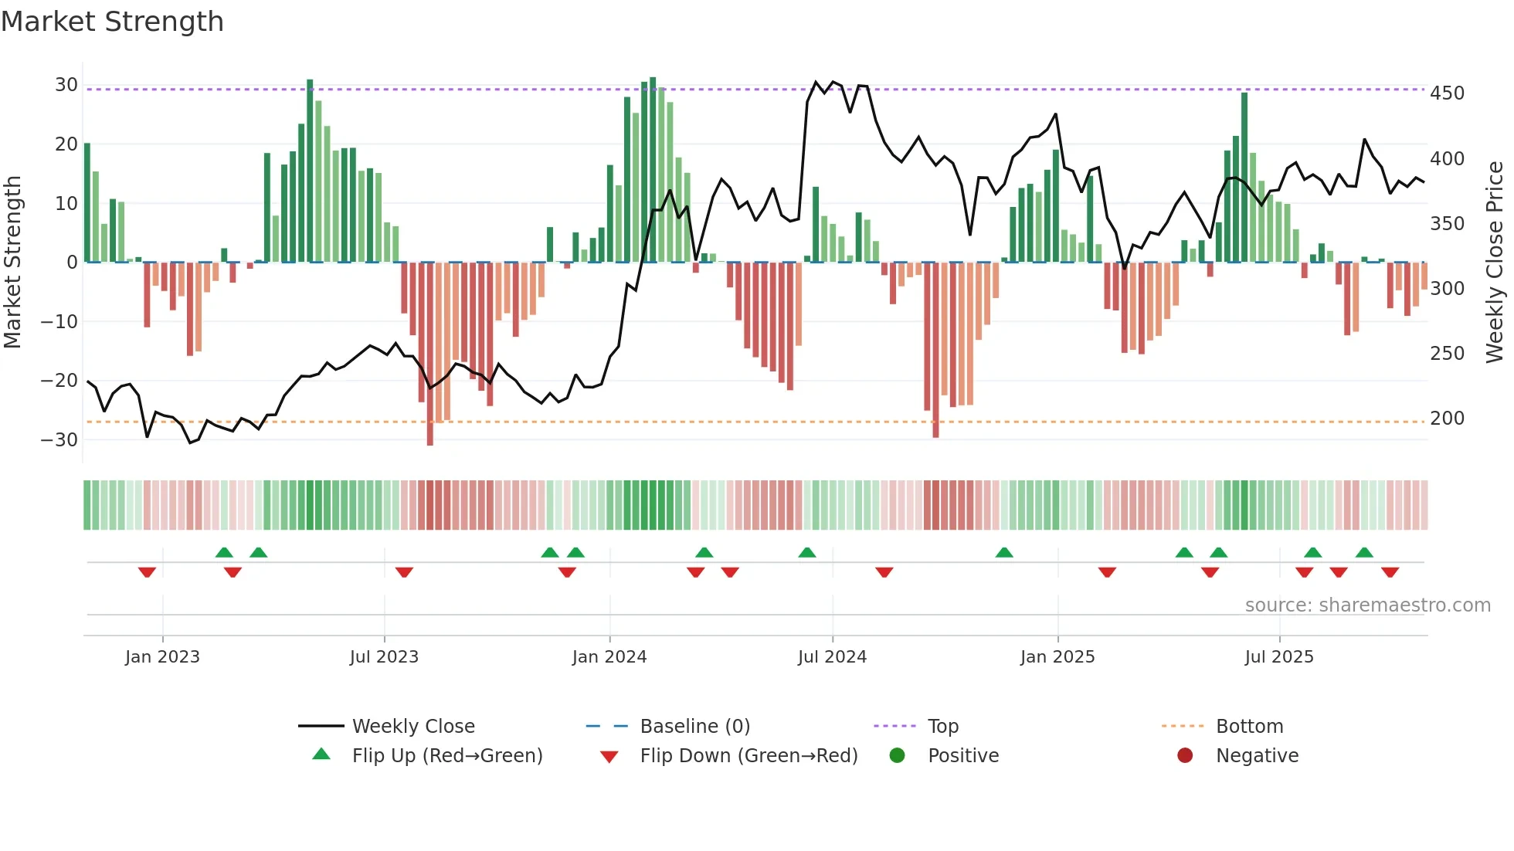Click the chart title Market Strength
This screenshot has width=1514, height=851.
(112, 22)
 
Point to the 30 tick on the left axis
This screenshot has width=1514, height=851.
(66, 85)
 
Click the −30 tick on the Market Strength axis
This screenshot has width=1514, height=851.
(59, 439)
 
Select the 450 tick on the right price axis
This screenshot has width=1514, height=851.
(1447, 93)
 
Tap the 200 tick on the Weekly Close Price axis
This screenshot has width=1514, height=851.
(1447, 419)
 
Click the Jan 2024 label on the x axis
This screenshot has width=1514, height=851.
(609, 657)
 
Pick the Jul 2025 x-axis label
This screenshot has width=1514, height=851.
(1278, 657)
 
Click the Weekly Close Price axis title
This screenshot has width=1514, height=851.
(1495, 263)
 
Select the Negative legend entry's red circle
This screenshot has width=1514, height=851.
(1185, 756)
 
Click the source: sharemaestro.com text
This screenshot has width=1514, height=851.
(1367, 605)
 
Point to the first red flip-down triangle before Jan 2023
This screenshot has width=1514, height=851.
(147, 572)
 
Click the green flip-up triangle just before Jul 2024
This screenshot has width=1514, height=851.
(806, 552)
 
